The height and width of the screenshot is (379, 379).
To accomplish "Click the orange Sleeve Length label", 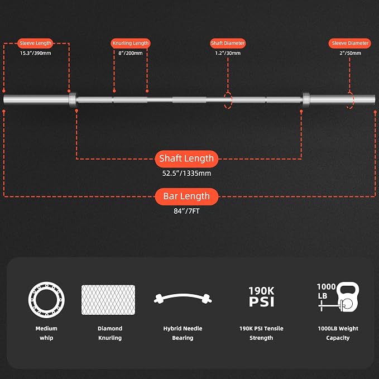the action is click(35, 44).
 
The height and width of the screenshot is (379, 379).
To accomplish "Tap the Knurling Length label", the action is click(131, 44).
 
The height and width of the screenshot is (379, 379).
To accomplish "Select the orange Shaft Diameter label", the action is click(228, 44).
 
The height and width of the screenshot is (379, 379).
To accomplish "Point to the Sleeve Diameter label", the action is click(350, 44).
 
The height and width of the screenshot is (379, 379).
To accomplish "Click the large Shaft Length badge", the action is click(186, 159).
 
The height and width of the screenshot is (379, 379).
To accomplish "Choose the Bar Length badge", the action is click(186, 196).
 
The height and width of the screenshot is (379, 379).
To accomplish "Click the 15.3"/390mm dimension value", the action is click(36, 53).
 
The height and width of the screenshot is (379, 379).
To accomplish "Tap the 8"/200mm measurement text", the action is click(131, 53).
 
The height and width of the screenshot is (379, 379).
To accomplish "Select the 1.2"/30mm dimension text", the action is click(228, 53).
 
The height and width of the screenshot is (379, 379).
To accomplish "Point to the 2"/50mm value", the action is click(350, 53).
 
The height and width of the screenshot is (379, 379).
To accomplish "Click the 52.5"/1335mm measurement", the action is click(186, 173).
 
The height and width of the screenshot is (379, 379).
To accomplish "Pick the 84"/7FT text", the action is click(186, 211).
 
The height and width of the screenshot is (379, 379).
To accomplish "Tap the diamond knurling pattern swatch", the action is click(108, 300).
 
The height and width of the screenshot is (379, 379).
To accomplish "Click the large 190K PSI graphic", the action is click(262, 296).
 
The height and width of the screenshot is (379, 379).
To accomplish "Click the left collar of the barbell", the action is click(73, 99).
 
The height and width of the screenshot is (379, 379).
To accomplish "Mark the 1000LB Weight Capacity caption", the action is click(338, 333).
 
